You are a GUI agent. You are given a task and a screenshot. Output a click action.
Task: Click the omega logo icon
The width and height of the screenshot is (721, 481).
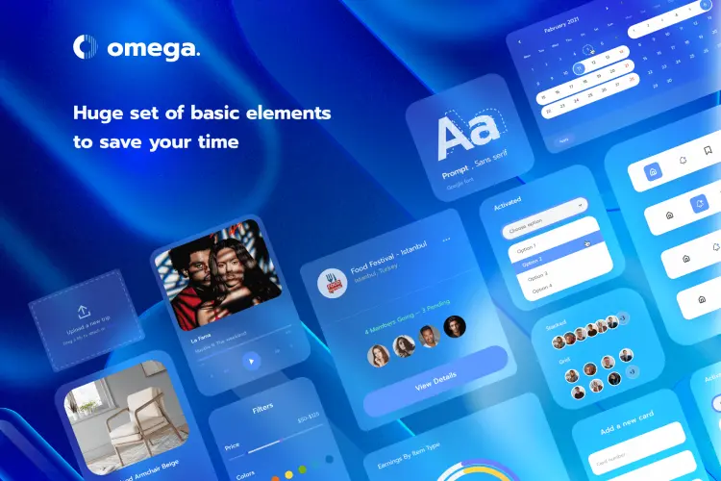point(86,47)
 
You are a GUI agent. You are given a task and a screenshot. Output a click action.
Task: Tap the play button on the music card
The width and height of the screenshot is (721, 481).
point(251,361)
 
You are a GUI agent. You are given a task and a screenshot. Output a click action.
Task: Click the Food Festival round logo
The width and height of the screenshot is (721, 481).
point(333,283)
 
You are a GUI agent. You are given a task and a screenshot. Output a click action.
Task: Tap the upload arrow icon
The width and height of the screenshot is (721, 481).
point(82,312)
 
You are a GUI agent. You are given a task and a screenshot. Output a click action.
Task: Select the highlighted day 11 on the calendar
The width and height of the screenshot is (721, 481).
point(579,68)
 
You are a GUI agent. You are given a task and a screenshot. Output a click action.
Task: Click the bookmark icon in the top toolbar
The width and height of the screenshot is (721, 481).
point(708,151)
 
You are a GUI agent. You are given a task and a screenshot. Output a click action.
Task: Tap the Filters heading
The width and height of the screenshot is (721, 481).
point(262,408)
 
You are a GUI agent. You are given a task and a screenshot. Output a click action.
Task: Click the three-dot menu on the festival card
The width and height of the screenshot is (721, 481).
point(447,240)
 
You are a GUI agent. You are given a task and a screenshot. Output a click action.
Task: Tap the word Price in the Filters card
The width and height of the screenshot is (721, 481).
point(232,446)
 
